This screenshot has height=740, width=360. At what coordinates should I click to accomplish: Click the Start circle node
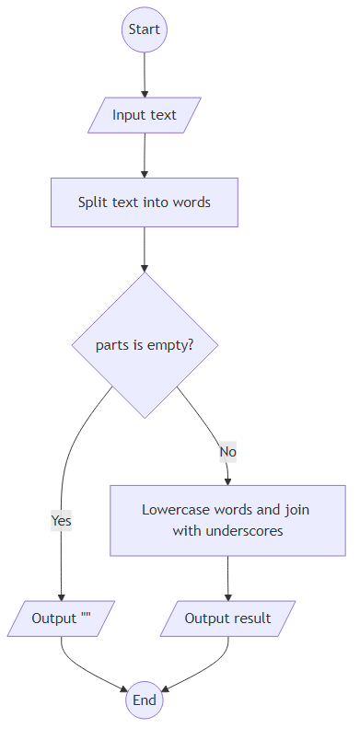coord(145,29)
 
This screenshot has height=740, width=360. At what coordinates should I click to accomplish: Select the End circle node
coord(145,700)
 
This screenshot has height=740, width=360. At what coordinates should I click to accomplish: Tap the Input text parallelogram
coord(145,115)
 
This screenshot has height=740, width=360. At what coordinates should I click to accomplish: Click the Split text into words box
coord(145,202)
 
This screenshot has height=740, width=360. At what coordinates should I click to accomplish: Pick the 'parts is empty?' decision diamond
coord(145,345)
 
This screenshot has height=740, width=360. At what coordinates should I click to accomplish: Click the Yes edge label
coord(61,521)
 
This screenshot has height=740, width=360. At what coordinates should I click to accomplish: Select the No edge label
coord(227,452)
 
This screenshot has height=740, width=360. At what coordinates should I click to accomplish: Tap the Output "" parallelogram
coord(61,618)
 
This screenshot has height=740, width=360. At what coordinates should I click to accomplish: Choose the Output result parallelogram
coord(227,618)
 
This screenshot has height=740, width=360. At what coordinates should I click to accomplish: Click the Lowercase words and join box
coord(227,520)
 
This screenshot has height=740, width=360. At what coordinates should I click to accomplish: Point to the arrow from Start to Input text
coord(145,74)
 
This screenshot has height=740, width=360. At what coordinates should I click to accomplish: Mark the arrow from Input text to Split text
coord(145,155)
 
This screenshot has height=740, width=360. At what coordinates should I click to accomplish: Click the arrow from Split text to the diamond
coord(145,249)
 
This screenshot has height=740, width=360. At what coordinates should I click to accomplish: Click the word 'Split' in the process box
coord(92,202)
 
